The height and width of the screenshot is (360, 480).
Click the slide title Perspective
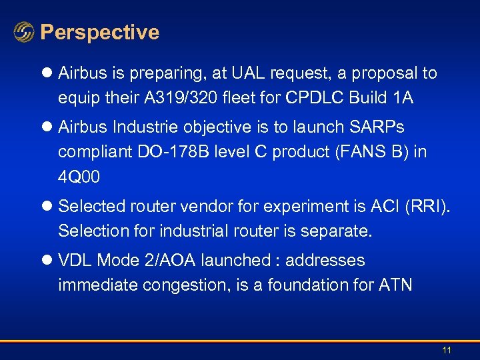[x=99, y=32]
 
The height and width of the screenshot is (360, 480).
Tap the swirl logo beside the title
[x=24, y=33]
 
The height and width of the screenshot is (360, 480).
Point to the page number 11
[x=447, y=351]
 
